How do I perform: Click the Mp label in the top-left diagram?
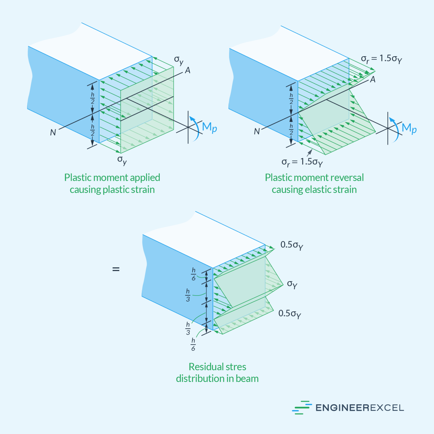tap(209, 127)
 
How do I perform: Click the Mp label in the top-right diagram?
tap(409, 129)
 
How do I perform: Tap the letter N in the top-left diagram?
tap(53, 132)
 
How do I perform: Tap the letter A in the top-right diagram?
tap(373, 79)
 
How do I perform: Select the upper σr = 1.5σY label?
tap(381, 59)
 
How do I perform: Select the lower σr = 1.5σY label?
tap(302, 162)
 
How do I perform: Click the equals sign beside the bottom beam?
tap(116, 269)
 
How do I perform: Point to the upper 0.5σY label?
tap(292, 245)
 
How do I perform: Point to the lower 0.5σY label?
tap(290, 314)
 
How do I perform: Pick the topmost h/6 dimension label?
tap(194, 274)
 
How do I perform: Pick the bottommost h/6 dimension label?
tap(193, 344)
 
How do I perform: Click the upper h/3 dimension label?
tap(188, 295)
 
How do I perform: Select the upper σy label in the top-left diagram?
tap(179, 60)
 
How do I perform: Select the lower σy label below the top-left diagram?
tap(122, 160)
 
